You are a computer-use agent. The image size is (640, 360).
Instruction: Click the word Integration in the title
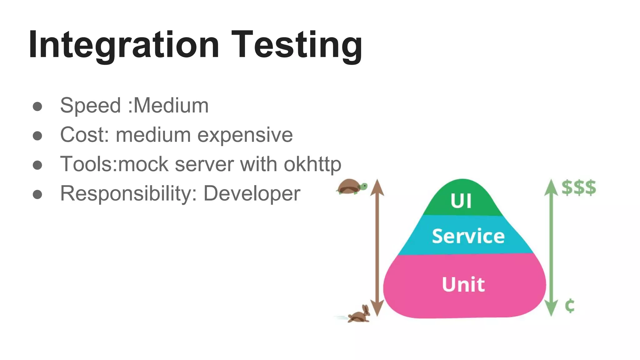[123, 45]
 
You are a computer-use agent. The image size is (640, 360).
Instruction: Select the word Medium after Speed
[171, 106]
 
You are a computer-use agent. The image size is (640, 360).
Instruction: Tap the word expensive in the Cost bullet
[245, 135]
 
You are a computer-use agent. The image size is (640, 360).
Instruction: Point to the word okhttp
[312, 164]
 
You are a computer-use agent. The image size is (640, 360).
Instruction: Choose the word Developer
[252, 193]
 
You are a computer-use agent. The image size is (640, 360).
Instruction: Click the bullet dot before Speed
[37, 107]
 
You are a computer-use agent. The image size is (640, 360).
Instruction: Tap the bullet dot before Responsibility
[37, 194]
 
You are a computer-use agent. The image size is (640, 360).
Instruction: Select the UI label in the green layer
[461, 201]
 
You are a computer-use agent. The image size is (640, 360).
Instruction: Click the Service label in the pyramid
[468, 236]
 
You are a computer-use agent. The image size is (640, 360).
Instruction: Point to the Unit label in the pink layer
[463, 284]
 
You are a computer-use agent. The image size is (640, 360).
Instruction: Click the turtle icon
[352, 187]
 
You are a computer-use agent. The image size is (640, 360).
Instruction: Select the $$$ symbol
[579, 188]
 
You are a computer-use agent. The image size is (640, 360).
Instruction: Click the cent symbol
[570, 305]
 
